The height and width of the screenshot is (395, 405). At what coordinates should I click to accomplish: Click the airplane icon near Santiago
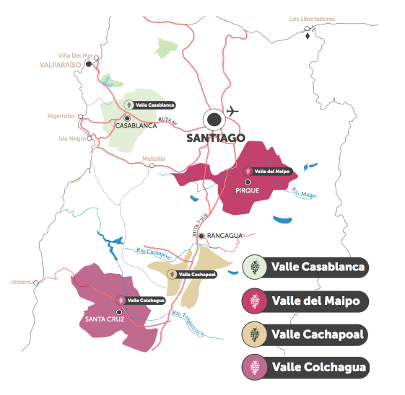coord(232,111)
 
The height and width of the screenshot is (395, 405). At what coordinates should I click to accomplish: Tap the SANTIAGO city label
coord(216,137)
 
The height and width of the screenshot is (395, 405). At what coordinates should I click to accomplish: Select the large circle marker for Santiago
coord(214,119)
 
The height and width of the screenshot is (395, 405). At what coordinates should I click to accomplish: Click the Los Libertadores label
coord(312,19)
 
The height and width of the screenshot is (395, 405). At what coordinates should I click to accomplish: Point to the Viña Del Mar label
coord(76,55)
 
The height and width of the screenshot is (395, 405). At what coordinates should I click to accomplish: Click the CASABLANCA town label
coord(136,125)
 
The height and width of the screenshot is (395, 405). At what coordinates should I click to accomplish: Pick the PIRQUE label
coord(248,190)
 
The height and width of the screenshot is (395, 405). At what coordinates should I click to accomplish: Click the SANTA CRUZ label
coord(107,319)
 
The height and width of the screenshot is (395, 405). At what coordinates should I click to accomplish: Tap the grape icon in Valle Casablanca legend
coord(255,267)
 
